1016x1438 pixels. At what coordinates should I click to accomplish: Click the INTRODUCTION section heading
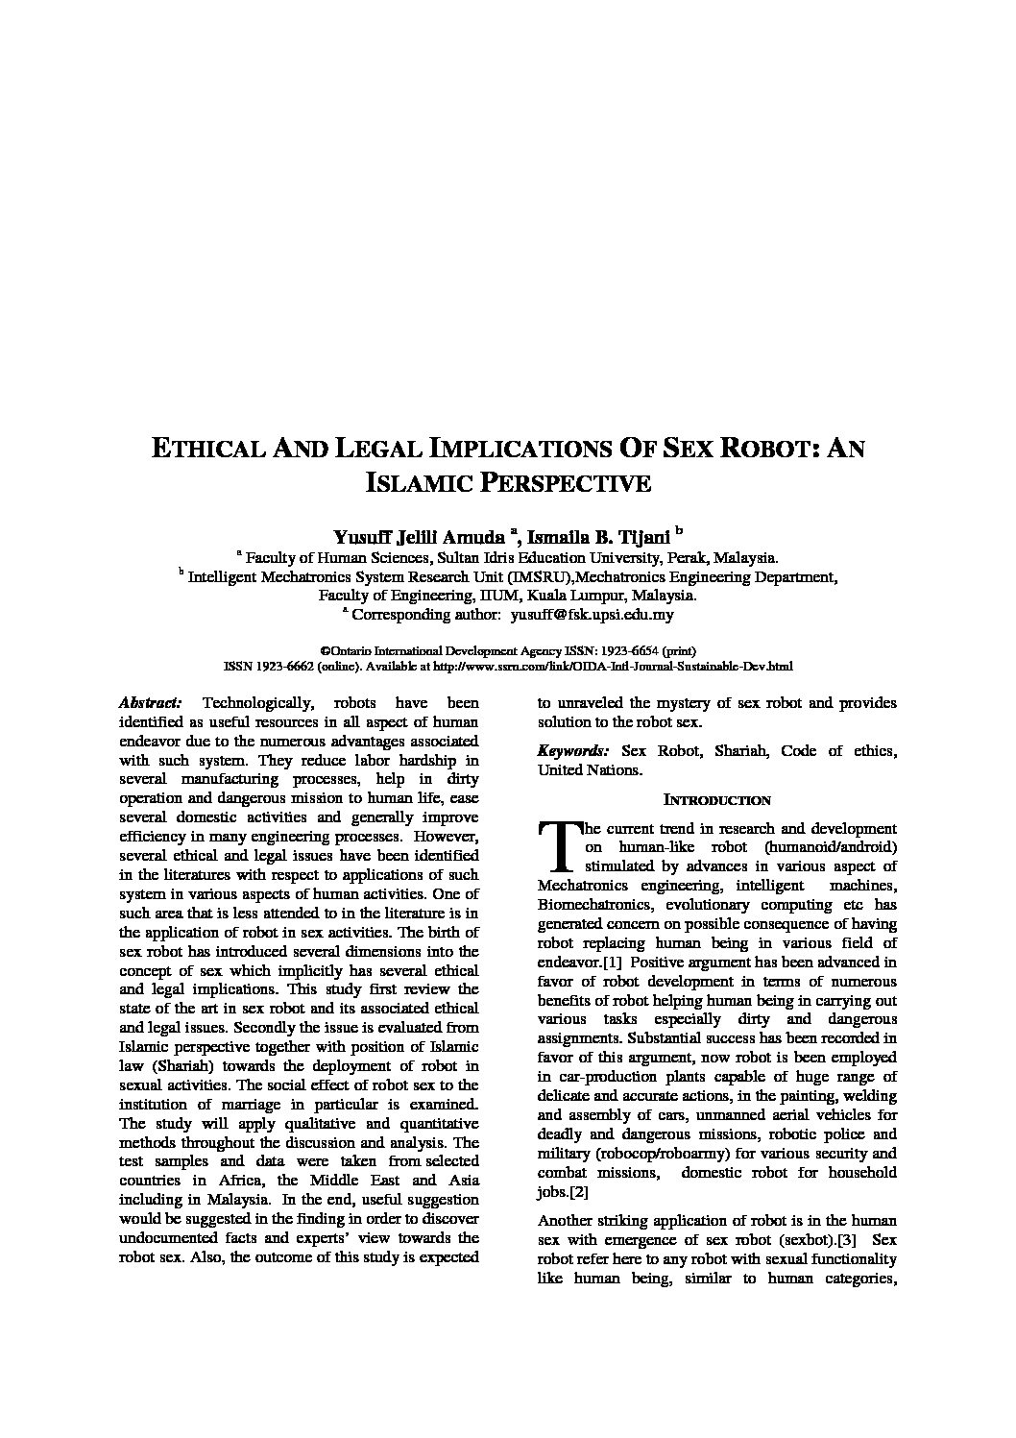pyautogui.click(x=717, y=800)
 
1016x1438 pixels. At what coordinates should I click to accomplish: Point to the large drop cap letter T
pyautogui.click(x=557, y=845)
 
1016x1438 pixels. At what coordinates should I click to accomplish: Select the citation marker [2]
pyautogui.click(x=578, y=1192)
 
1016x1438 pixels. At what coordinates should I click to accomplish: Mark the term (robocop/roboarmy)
pyautogui.click(x=655, y=1154)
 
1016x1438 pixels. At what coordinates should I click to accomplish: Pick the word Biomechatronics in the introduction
pyautogui.click(x=590, y=905)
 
